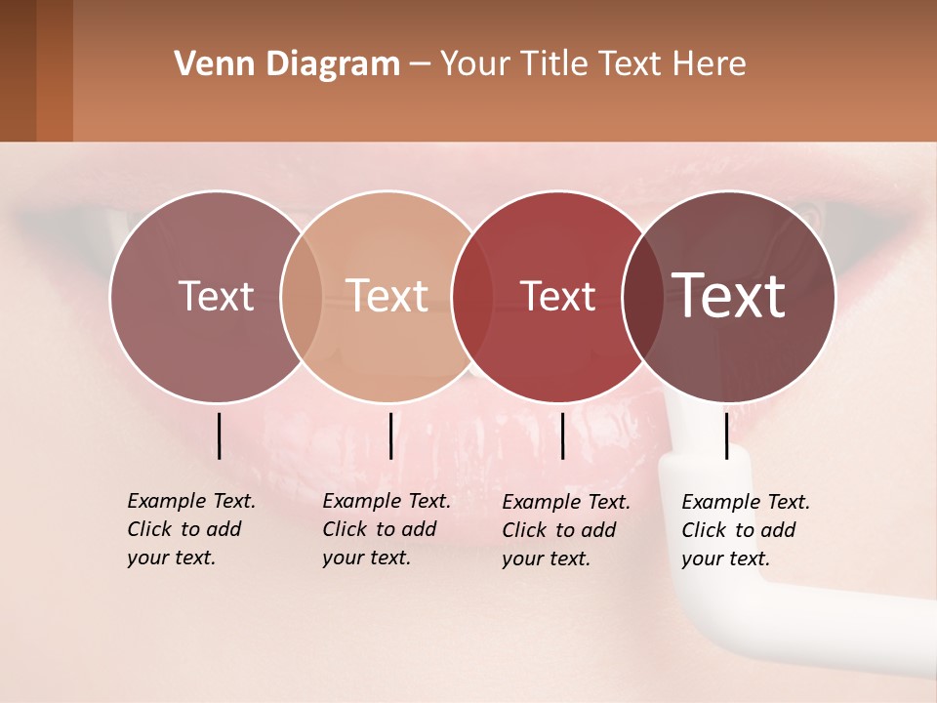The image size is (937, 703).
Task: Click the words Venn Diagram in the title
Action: pyautogui.click(x=287, y=64)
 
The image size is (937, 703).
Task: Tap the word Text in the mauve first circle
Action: pyautogui.click(x=216, y=297)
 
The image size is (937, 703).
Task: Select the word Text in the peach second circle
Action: pyautogui.click(x=387, y=296)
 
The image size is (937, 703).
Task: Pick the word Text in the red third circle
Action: pyautogui.click(x=558, y=297)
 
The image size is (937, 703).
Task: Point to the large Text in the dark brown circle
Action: pyautogui.click(x=729, y=295)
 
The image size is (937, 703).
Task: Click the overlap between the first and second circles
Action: pyautogui.click(x=302, y=297)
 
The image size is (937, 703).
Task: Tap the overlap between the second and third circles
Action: pyautogui.click(x=472, y=297)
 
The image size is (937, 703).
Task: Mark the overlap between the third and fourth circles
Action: pyautogui.click(x=643, y=297)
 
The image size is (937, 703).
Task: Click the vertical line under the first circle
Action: pyautogui.click(x=219, y=435)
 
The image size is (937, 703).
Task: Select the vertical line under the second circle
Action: pyautogui.click(x=390, y=435)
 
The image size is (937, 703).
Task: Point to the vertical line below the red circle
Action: pyautogui.click(x=562, y=435)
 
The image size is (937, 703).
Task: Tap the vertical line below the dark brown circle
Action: pyautogui.click(x=726, y=435)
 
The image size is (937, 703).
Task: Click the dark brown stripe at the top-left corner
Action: pyautogui.click(x=18, y=70)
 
